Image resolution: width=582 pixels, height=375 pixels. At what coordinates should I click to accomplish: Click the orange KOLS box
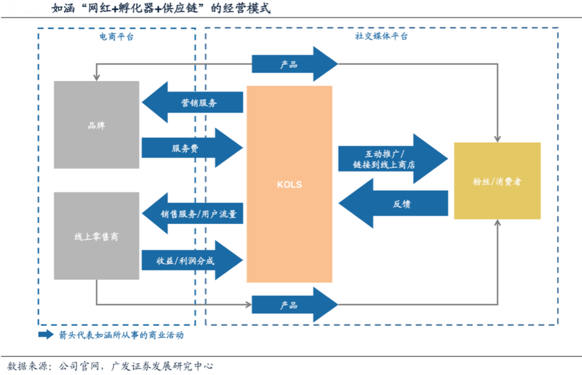coord(289,184)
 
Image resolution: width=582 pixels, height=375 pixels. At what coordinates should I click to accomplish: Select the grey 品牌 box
coord(96,125)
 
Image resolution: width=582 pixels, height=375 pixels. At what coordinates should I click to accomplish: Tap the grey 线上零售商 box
coord(96,236)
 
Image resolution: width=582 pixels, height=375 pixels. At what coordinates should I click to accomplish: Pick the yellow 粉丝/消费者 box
coord(497,181)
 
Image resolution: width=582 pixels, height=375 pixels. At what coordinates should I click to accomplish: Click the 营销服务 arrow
coord(192,103)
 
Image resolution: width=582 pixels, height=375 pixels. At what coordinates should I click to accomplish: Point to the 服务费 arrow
coord(192,147)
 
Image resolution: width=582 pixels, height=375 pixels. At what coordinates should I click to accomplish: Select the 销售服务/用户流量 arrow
coord(192,214)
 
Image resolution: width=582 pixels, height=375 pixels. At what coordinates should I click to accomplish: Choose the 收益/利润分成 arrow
coord(192,260)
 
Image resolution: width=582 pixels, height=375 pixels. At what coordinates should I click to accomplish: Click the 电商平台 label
coord(116,36)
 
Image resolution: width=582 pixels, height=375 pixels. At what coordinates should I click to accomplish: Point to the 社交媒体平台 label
coord(381,36)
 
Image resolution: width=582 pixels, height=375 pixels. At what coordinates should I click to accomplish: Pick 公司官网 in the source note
coord(78,366)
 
